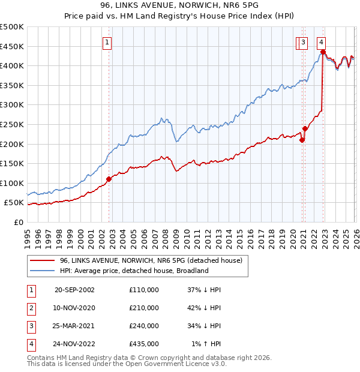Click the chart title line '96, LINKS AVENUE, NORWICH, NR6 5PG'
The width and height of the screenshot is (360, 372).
click(179, 5)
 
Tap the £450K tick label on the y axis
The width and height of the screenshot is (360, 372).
click(12, 46)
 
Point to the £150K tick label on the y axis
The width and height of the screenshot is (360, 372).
click(12, 163)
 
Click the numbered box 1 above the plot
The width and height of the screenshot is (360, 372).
click(107, 42)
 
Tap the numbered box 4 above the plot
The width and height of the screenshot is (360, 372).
click(322, 42)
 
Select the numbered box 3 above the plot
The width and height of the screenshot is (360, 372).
click(304, 42)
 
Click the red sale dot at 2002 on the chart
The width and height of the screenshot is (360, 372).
click(109, 179)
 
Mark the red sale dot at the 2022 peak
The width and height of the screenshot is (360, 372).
click(323, 52)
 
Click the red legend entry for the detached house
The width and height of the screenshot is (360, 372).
click(150, 261)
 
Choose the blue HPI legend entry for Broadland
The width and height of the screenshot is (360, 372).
click(133, 271)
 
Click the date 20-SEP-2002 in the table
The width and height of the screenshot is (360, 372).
click(74, 290)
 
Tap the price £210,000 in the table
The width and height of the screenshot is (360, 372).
click(143, 308)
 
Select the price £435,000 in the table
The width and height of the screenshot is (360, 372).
click(143, 344)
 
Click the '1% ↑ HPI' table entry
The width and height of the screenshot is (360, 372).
click(208, 344)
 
